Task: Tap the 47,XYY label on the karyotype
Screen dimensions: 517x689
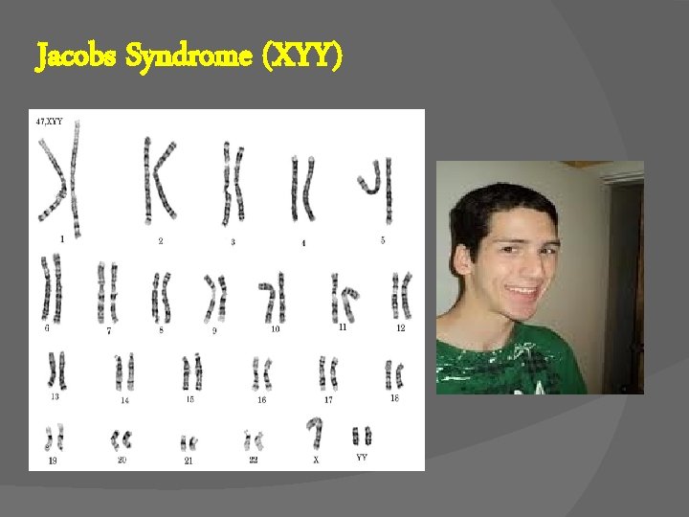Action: point(50,122)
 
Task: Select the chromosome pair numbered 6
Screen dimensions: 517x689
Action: point(51,287)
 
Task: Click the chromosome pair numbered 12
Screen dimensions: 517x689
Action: point(401,293)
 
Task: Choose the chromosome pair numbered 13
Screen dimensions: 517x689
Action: point(56,370)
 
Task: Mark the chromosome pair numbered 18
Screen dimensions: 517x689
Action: point(394,373)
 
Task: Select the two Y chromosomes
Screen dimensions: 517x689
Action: point(362,436)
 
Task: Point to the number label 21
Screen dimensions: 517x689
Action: point(189,461)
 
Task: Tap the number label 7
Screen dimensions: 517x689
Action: point(109,330)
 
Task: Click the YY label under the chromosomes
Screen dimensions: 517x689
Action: point(362,458)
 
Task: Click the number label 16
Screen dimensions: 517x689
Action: point(261,399)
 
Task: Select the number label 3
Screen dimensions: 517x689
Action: point(233,242)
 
